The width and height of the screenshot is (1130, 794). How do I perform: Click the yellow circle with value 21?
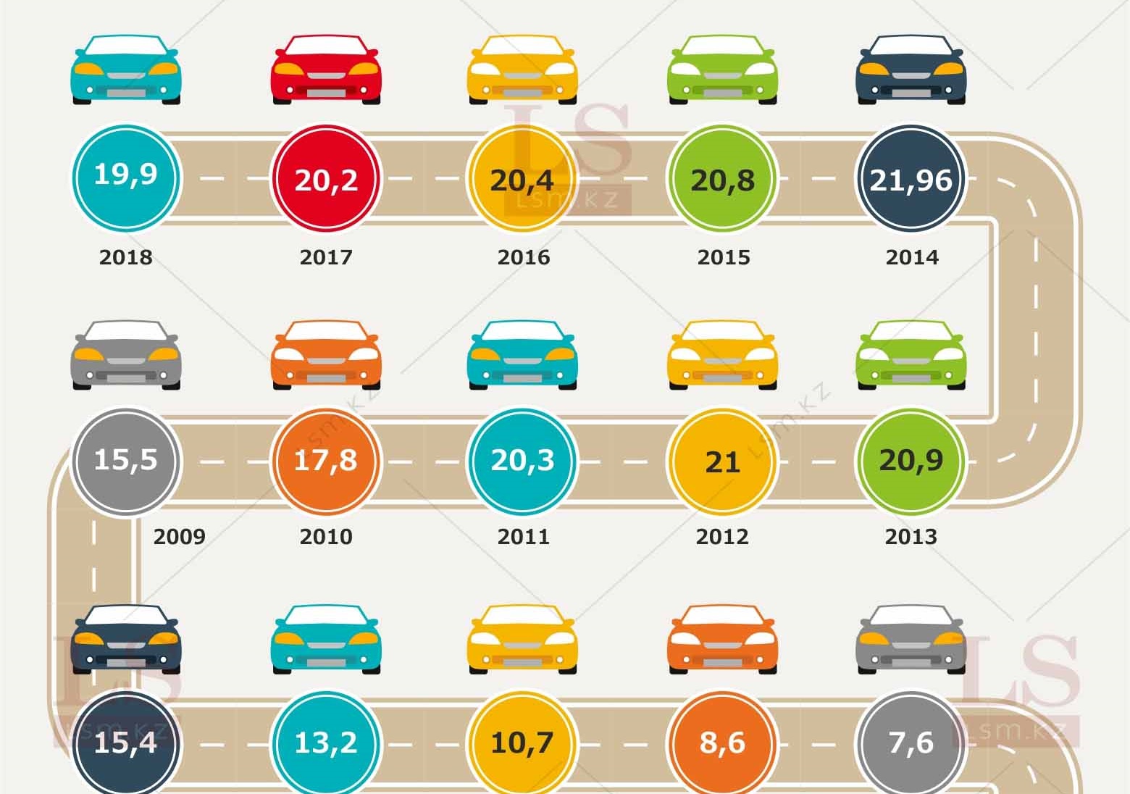point(722,461)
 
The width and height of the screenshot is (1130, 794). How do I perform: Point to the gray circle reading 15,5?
point(125,461)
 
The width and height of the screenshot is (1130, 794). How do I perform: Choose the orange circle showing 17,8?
point(326,461)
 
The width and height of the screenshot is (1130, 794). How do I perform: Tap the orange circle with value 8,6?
point(722,743)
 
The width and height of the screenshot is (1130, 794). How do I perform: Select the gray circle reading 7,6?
point(911,743)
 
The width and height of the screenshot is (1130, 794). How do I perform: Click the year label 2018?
point(125,257)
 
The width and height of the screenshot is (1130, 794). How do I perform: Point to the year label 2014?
point(912,257)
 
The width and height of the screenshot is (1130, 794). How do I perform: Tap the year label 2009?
point(179,537)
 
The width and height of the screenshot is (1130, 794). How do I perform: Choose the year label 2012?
point(722,537)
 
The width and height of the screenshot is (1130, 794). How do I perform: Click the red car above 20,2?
point(326,70)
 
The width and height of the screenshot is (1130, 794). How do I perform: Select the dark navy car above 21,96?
point(911,70)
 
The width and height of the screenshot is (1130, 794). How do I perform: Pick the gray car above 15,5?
point(125,355)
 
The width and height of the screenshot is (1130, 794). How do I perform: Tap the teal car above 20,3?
point(522,355)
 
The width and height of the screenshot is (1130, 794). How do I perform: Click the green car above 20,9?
point(911,355)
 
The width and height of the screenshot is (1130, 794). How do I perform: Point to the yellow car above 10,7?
point(522,639)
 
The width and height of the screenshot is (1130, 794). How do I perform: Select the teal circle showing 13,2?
point(326,743)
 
